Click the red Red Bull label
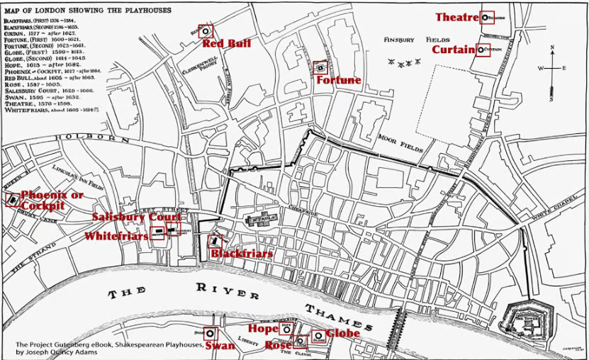227,44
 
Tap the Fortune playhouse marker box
320,67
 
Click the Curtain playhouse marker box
484,50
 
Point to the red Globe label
343,333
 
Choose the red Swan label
220,345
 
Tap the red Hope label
263,329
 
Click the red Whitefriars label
117,236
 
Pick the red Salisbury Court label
136,217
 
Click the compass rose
551,69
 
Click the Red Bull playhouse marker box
206,30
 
